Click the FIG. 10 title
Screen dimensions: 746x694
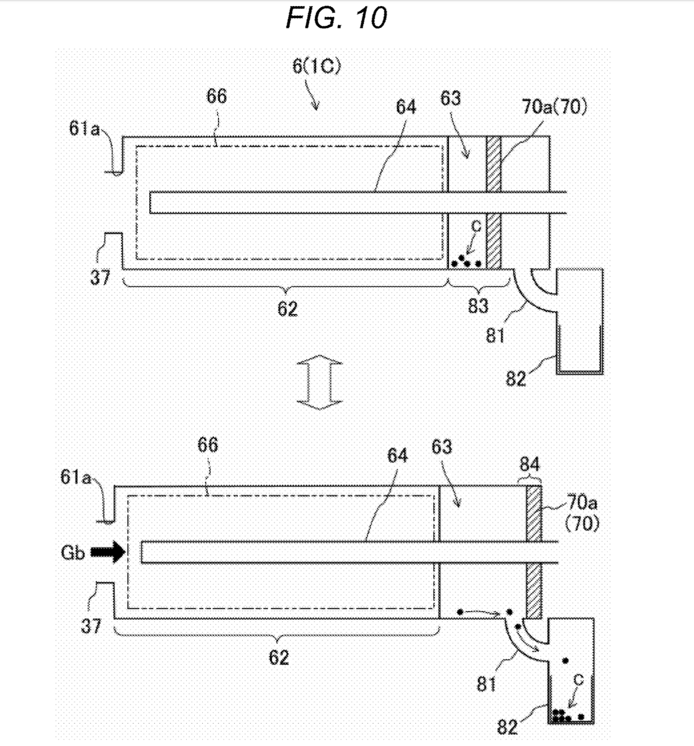point(336,18)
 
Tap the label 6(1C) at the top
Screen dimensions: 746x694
point(317,66)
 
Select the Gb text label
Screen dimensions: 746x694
point(72,552)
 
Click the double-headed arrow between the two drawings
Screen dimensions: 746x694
point(320,382)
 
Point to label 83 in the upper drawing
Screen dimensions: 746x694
point(478,306)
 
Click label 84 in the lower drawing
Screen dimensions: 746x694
point(530,464)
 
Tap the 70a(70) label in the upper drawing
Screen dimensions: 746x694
point(554,107)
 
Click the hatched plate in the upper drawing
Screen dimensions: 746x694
point(494,202)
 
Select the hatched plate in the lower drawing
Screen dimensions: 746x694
point(534,552)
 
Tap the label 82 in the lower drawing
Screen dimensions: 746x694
point(507,727)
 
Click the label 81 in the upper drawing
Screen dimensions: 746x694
point(495,336)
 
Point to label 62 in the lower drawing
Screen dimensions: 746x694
point(279,657)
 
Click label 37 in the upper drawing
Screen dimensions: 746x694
point(100,277)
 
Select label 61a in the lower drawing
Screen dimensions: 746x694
point(75,477)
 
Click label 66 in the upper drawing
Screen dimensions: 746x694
point(216,96)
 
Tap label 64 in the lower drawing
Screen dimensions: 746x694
point(397,455)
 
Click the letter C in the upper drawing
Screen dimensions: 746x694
point(476,226)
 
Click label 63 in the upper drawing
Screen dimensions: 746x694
point(450,98)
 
